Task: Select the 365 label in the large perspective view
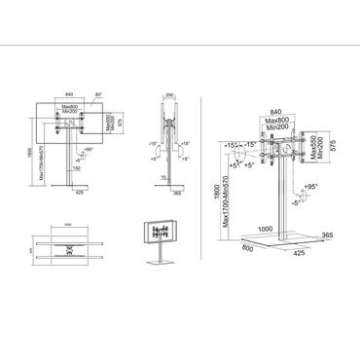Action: point(328,234)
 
